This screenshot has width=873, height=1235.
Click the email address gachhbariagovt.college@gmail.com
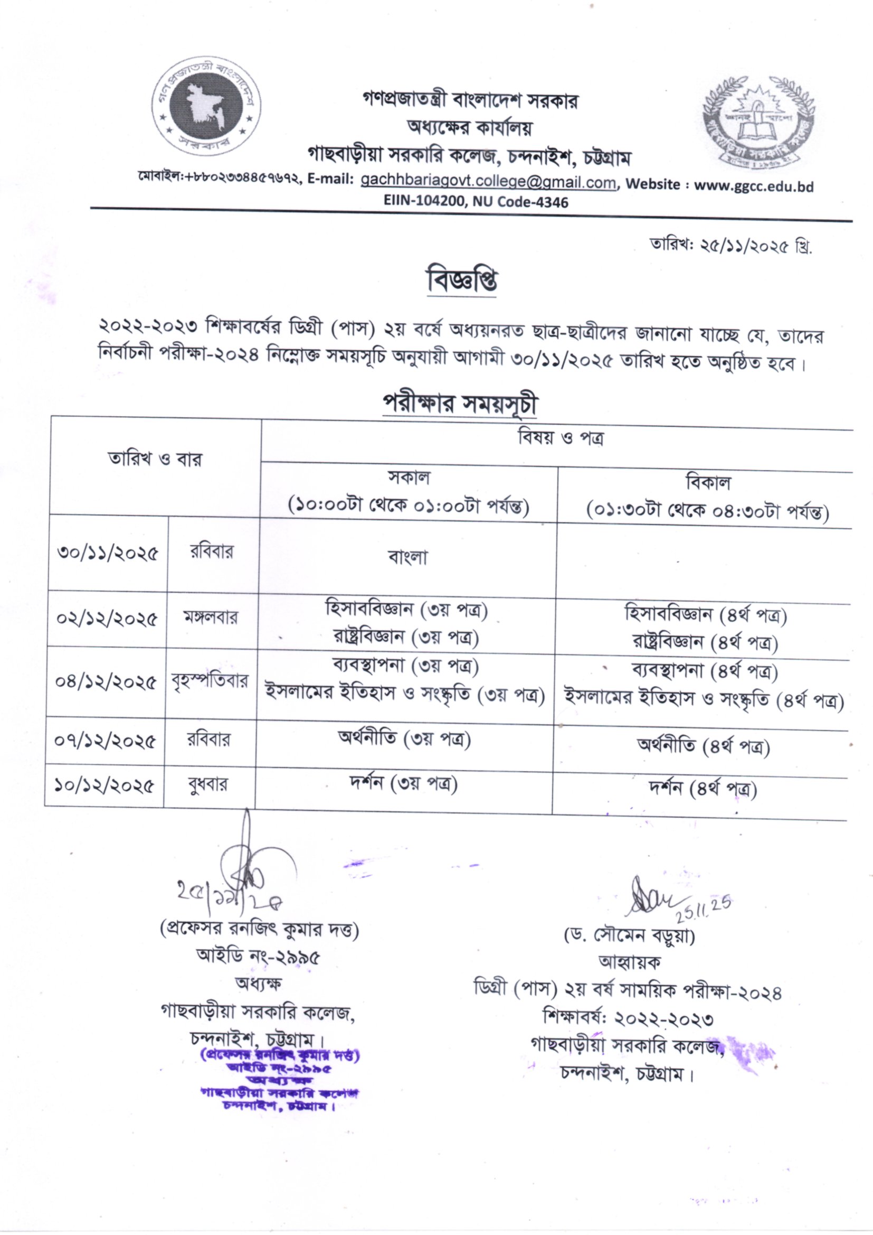(x=488, y=182)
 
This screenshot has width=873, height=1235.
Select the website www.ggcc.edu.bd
(x=753, y=186)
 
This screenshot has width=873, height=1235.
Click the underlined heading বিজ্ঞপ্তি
(x=462, y=282)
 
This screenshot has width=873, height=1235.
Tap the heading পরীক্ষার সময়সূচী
(x=460, y=404)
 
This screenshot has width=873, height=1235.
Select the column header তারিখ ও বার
(x=155, y=460)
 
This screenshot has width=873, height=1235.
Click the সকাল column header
(x=409, y=492)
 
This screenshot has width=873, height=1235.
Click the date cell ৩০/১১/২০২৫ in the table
(x=108, y=553)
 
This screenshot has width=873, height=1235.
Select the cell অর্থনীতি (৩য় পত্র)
(x=404, y=739)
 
